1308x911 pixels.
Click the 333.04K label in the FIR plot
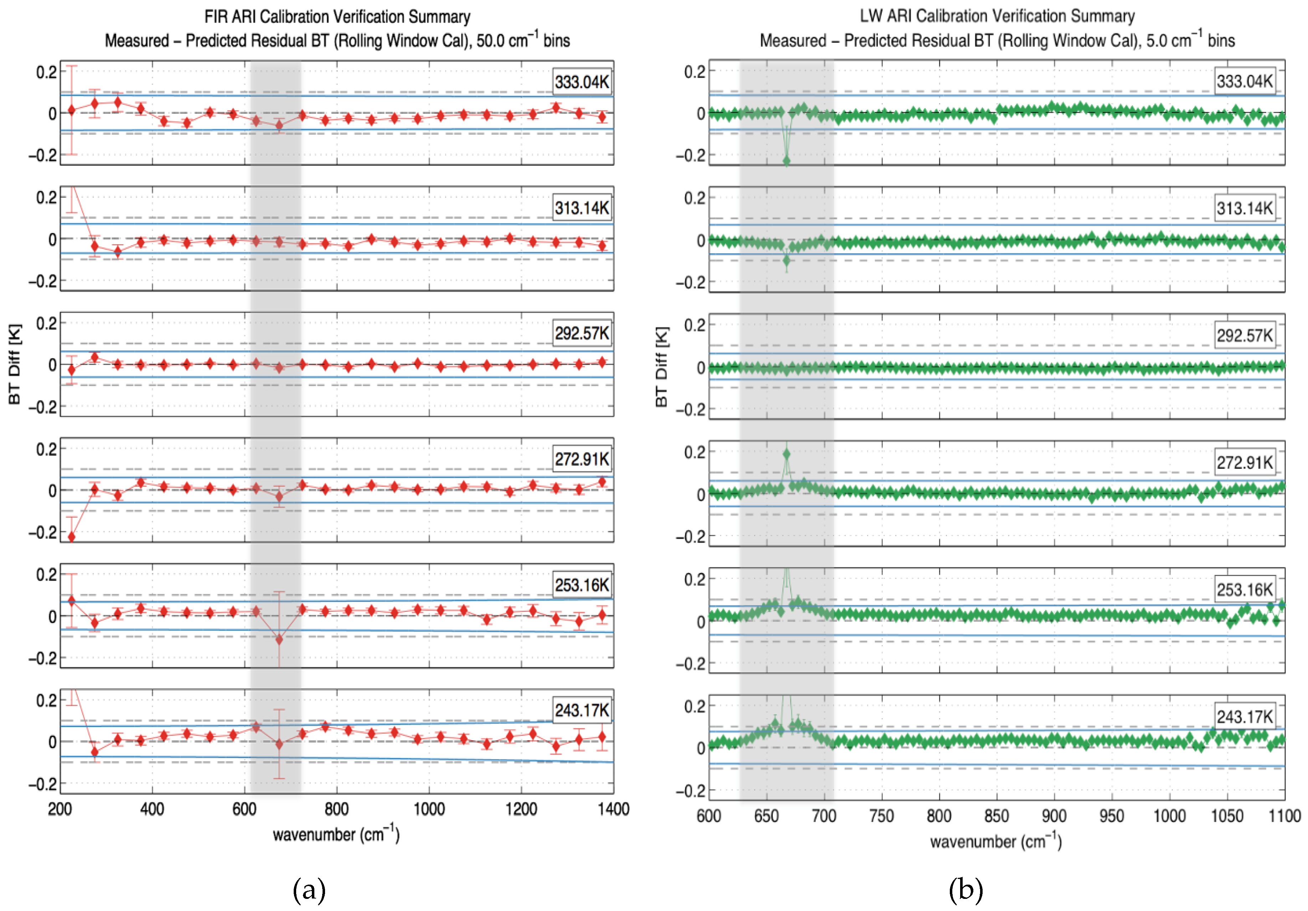[x=582, y=82]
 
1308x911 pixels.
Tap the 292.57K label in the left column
[x=582, y=333]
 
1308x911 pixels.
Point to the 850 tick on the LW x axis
[x=997, y=816]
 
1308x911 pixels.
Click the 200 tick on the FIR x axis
[x=60, y=809]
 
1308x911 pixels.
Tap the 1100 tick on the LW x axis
[x=1284, y=816]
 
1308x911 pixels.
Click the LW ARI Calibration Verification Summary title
[x=997, y=16]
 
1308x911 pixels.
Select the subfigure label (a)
[x=309, y=890]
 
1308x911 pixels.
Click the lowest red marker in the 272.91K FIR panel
[x=72, y=537]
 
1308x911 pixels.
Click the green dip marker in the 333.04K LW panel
[x=787, y=161]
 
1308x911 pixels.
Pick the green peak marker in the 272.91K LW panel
[x=787, y=454]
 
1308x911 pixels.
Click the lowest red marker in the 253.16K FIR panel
[x=279, y=640]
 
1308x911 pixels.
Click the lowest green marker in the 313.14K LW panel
[x=787, y=261]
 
